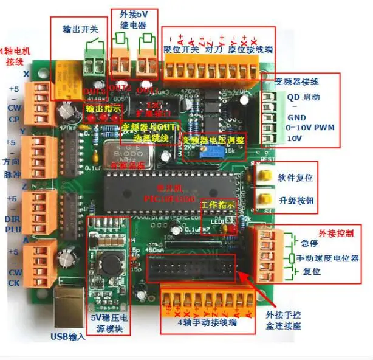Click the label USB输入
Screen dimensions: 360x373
tap(68, 336)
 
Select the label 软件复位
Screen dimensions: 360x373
tap(296, 178)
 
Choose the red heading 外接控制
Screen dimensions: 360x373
tap(336, 233)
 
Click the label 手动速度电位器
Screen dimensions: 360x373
tap(328, 258)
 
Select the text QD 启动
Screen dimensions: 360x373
tap(304, 97)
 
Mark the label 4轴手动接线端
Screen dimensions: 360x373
tap(208, 325)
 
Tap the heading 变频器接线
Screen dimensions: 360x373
tap(297, 81)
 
